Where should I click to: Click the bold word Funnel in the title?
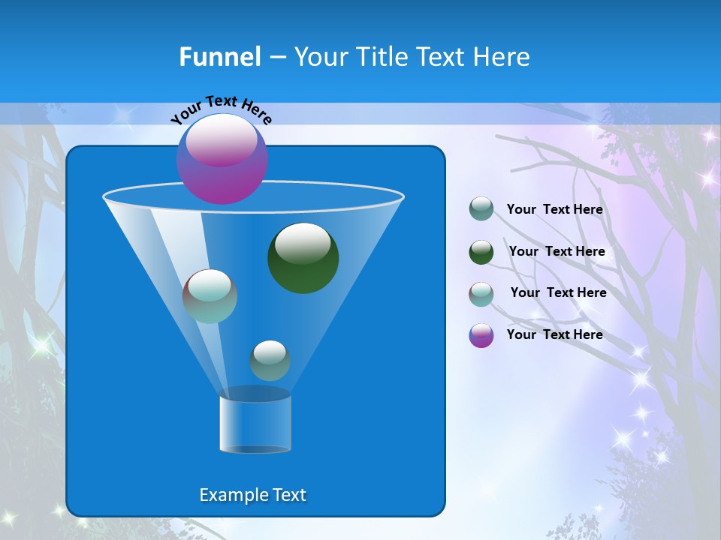(220, 57)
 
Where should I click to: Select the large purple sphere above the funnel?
(222, 160)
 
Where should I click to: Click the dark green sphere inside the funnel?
(303, 258)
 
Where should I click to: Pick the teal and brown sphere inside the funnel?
(210, 296)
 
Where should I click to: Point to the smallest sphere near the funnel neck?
(270, 360)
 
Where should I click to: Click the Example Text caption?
(253, 495)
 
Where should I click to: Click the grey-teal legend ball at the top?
(481, 209)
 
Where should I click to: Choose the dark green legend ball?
(481, 252)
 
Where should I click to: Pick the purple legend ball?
(481, 335)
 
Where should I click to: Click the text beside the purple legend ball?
(554, 334)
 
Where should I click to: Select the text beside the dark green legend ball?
(557, 251)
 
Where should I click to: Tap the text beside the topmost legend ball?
(554, 209)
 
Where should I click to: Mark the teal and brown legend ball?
(481, 293)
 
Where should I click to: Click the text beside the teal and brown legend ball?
(558, 292)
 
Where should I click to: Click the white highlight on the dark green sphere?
(303, 243)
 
